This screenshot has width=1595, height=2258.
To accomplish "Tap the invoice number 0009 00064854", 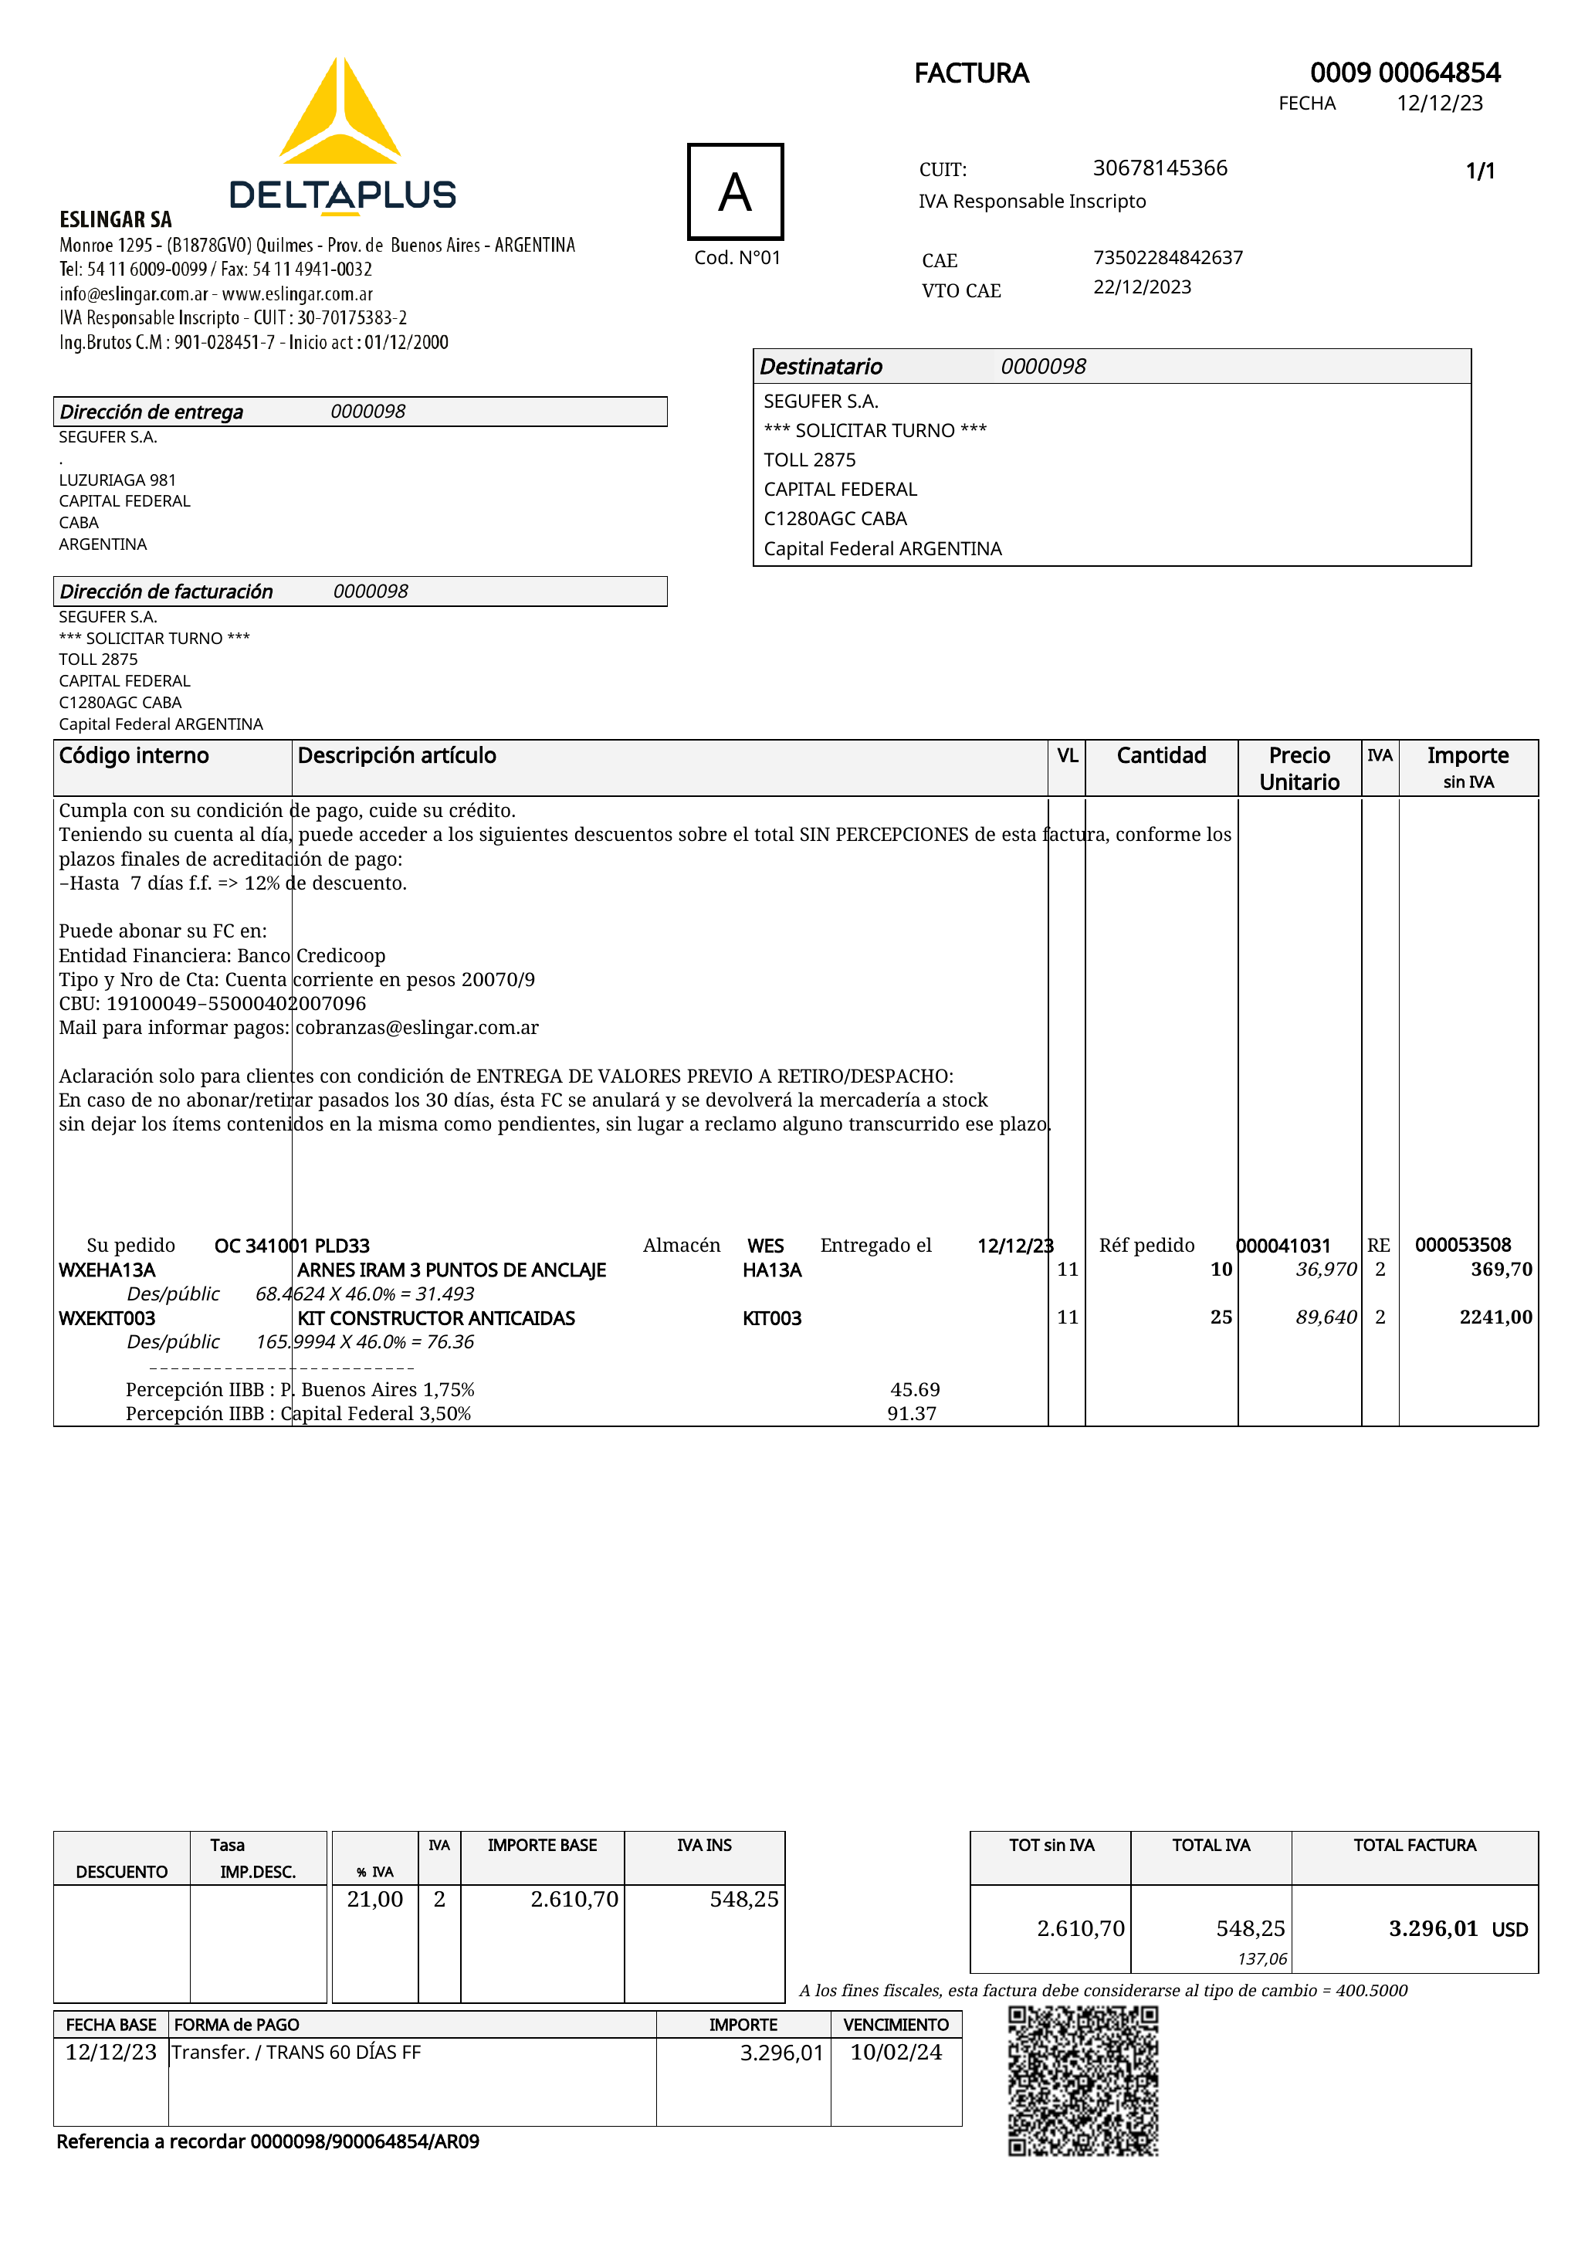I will coord(1404,73).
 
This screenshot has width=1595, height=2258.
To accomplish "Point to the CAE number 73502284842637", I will coord(1167,258).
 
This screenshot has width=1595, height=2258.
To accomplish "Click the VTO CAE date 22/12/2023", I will coord(1142,287).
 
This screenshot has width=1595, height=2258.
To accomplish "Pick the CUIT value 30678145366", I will coord(1160,168).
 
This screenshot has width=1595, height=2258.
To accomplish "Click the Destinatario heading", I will coord(821,367).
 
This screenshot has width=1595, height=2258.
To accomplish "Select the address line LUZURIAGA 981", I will coord(117,480).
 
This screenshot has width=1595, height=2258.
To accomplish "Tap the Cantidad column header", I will coord(1160,755).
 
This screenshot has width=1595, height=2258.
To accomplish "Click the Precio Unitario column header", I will coord(1299,768).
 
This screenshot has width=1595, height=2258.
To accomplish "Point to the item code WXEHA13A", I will coord(107,1270).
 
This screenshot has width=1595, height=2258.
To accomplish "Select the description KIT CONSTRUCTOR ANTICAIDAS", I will coord(435,1318).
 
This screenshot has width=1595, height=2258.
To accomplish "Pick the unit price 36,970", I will coord(1326,1270).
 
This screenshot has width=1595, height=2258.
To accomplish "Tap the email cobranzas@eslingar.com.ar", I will coord(417,1028).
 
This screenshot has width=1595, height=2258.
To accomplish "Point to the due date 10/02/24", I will coord(896,2053).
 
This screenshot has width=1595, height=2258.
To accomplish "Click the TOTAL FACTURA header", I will coord(1414,1845).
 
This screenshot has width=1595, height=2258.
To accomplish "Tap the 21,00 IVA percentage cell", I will coord(374,1899).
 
